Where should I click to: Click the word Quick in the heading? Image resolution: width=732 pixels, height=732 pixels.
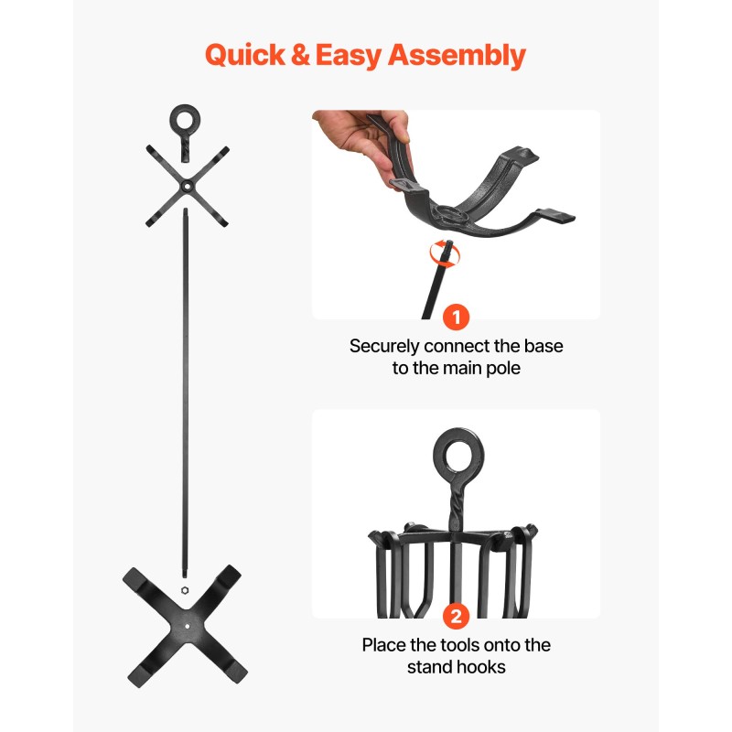tap(245, 56)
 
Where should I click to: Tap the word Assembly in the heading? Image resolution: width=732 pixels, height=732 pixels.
tap(457, 56)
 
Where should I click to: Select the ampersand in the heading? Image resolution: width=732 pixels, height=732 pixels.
tap(300, 55)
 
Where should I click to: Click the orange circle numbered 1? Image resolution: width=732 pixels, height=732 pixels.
tap(456, 317)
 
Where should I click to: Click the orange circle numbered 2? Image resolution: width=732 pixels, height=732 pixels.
tap(456, 616)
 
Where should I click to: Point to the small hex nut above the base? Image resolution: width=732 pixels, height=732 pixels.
tap(185, 590)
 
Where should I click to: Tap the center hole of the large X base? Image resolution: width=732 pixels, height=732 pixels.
tap(188, 626)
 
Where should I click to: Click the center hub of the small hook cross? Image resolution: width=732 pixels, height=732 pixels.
tap(187, 187)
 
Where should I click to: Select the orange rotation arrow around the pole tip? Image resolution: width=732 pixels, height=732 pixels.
tap(445, 254)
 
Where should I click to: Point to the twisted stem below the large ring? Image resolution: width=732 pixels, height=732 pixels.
tap(455, 507)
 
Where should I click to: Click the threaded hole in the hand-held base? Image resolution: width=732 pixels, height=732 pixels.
tap(449, 214)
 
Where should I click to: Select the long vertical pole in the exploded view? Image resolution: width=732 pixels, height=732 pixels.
tap(186, 393)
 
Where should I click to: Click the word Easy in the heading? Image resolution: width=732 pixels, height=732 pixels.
tap(349, 56)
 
